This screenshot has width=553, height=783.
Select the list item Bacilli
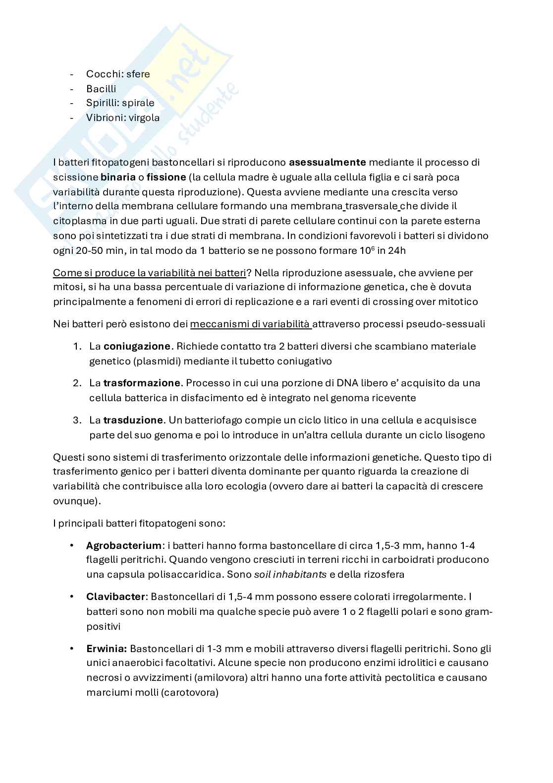pyautogui.click(x=101, y=89)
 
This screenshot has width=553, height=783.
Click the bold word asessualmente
pyautogui.click(x=328, y=162)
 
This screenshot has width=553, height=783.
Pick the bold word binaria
pyautogui.click(x=118, y=177)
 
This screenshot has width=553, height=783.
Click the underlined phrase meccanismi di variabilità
pyautogui.click(x=250, y=324)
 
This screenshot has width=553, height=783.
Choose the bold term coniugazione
pyautogui.click(x=137, y=346)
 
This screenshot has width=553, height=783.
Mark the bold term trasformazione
pyautogui.click(x=142, y=383)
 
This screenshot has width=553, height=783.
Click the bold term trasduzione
pyautogui.click(x=133, y=420)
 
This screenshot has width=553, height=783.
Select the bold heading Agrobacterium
pyautogui.click(x=124, y=545)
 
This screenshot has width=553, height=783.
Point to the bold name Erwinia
pyautogui.click(x=107, y=649)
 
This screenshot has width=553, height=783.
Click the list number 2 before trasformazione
pyautogui.click(x=77, y=383)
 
